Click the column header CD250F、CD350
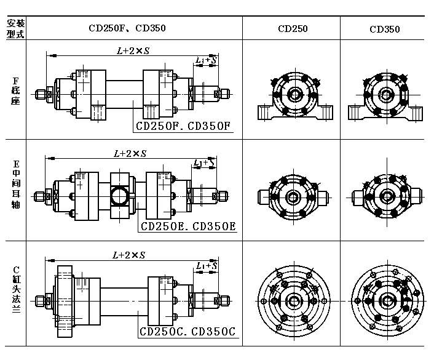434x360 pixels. click(127, 28)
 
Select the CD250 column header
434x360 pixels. click(293, 29)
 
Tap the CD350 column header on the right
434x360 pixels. click(384, 29)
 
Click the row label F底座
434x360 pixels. click(15, 90)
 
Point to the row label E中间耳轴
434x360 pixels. click(16, 184)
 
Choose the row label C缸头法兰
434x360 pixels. click(16, 290)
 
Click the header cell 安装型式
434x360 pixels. click(15, 28)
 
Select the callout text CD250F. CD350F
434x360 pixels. click(183, 126)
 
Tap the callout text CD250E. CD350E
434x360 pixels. click(188, 226)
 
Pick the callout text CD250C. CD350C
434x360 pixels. click(187, 332)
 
